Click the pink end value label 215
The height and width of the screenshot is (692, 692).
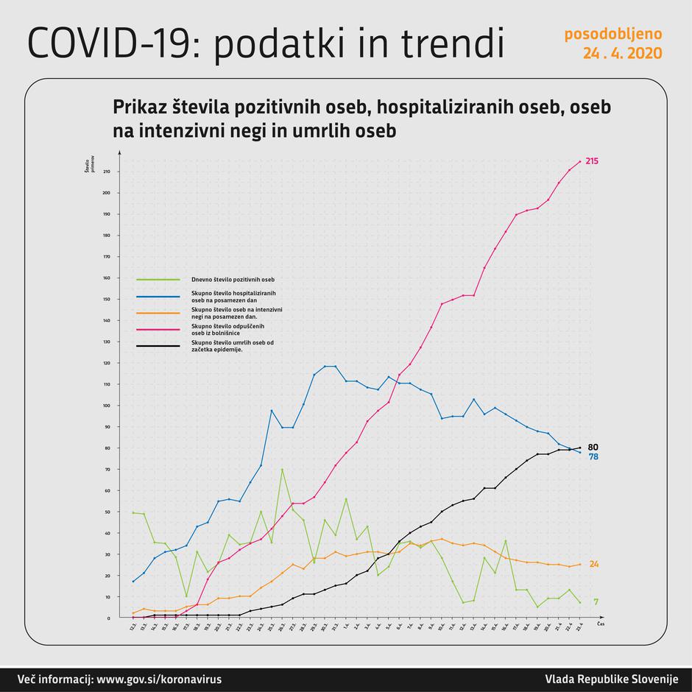pyautogui.click(x=592, y=160)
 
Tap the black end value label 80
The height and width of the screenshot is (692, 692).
pyautogui.click(x=593, y=447)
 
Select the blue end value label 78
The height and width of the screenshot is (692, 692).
pyautogui.click(x=593, y=456)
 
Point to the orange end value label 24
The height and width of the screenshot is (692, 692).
pyautogui.click(x=593, y=564)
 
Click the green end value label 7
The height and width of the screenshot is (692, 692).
pyautogui.click(x=596, y=602)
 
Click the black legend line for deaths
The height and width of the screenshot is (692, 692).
pyautogui.click(x=158, y=345)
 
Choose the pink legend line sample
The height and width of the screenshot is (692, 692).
pyautogui.click(x=158, y=329)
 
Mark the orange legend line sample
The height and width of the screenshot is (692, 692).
pyautogui.click(x=158, y=312)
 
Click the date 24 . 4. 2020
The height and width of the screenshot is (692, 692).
pyautogui.click(x=622, y=54)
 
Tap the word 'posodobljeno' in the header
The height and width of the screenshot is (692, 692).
pyautogui.click(x=613, y=35)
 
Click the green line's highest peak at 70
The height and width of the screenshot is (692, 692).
pyautogui.click(x=282, y=469)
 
